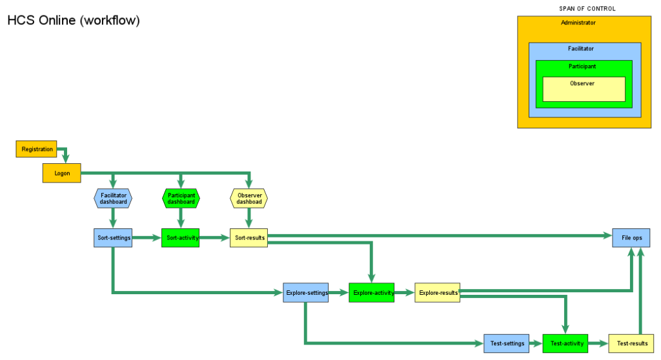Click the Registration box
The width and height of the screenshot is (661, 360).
(37, 149)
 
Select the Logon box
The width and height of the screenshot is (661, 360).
(62, 173)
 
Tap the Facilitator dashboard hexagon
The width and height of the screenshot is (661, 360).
(113, 198)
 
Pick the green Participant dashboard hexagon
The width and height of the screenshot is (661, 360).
(181, 198)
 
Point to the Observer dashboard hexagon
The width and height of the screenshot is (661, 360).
(249, 198)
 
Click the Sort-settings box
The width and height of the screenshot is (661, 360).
(113, 237)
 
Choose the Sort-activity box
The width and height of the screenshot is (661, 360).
(181, 237)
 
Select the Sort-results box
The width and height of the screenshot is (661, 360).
(249, 237)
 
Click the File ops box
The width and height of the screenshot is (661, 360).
(631, 237)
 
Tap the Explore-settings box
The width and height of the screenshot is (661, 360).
(306, 292)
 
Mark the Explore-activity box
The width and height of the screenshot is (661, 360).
(371, 292)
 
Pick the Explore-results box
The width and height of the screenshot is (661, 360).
(437, 292)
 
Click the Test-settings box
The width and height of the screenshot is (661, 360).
(507, 343)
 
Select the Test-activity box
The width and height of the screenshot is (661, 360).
(567, 343)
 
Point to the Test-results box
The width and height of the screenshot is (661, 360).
(631, 343)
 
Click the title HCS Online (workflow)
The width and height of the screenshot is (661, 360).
(73, 21)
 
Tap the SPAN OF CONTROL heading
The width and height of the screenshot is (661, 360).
(587, 8)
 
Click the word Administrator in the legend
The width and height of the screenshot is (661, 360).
(578, 23)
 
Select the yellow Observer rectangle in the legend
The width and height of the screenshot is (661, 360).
(584, 89)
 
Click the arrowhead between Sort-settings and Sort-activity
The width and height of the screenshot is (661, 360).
(156, 237)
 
